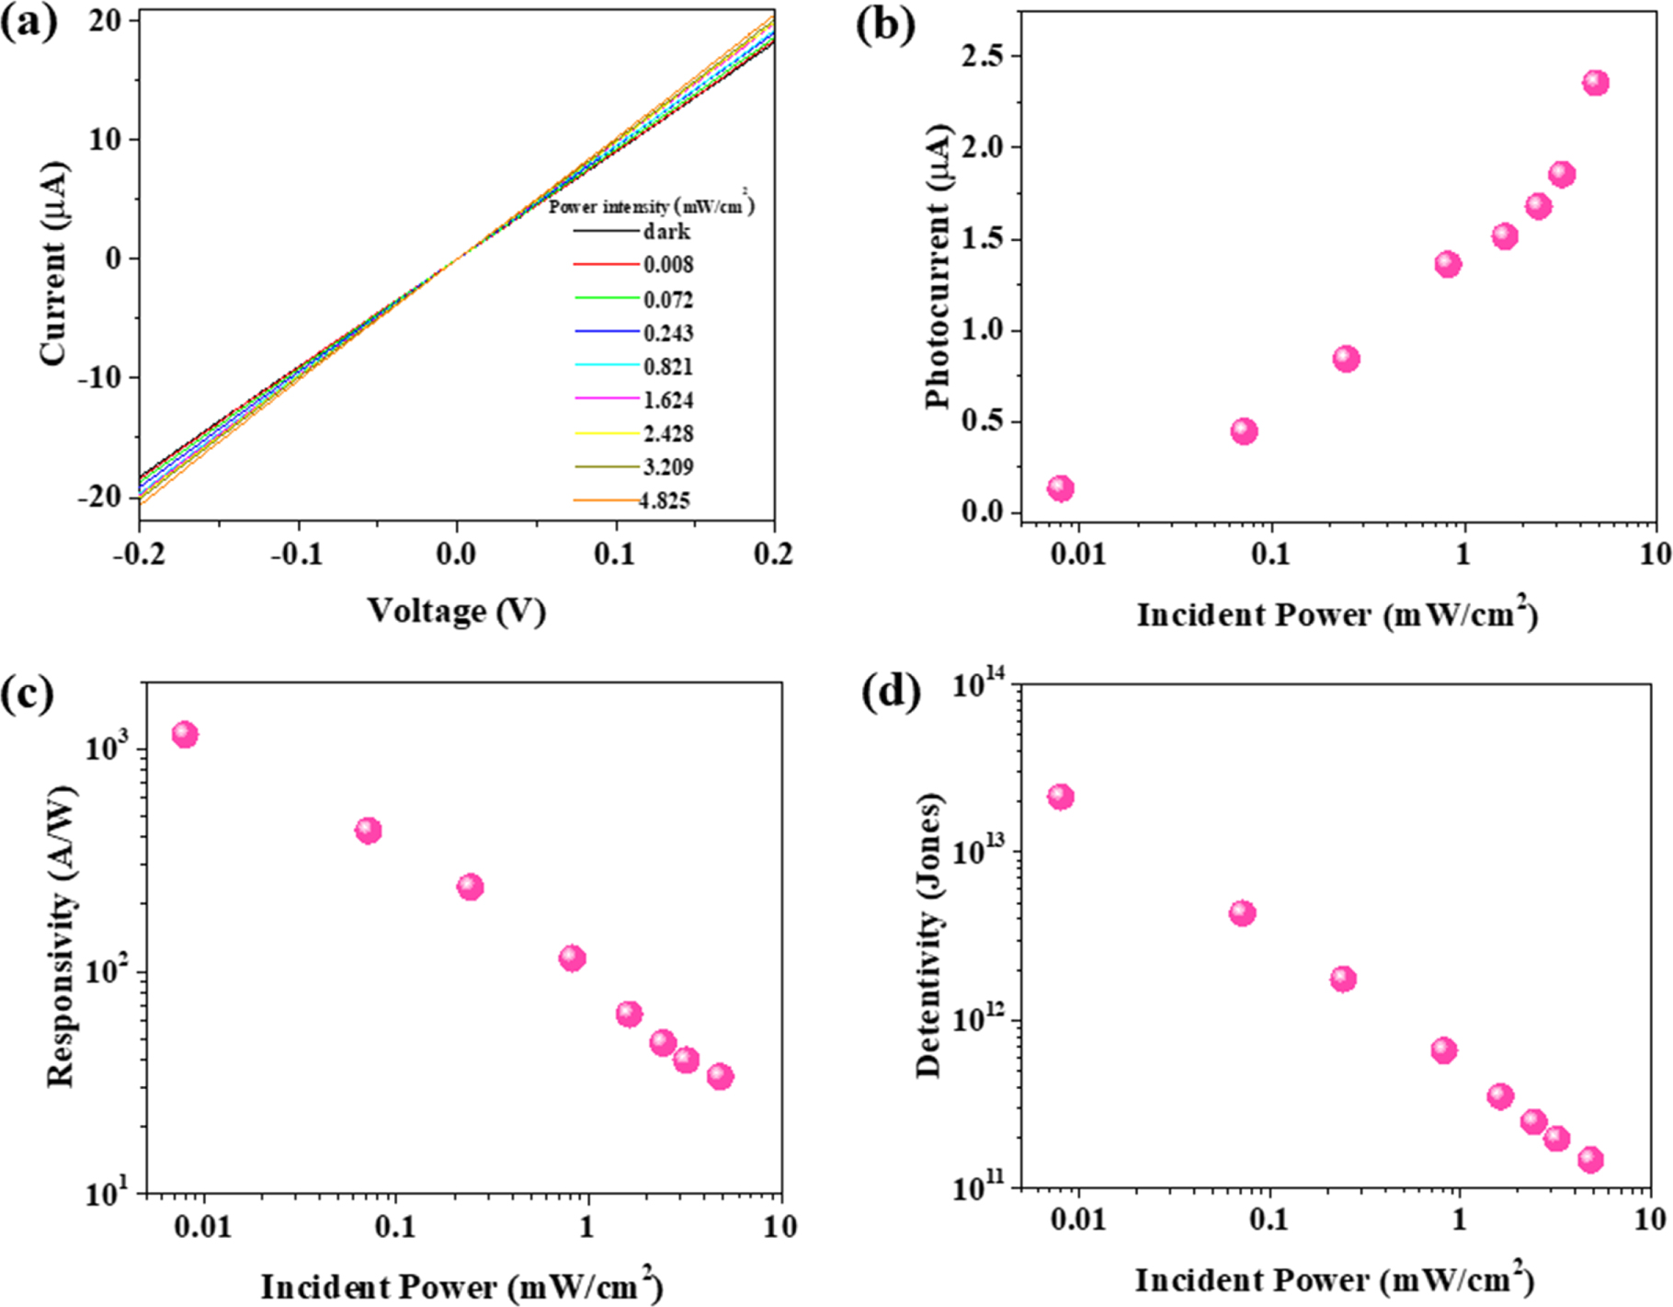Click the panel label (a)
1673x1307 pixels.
[x=29, y=23]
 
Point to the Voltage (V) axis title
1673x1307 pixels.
[x=457, y=611]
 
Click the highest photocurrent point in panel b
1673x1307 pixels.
[x=1596, y=83]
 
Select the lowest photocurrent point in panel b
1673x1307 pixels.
[x=1060, y=488]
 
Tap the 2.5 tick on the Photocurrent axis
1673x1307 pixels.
[x=983, y=56]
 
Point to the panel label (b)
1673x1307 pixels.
[x=885, y=25]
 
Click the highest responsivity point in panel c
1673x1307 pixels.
[x=185, y=734]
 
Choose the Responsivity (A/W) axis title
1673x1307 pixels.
[x=61, y=936]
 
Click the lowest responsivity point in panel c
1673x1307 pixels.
[x=720, y=1076]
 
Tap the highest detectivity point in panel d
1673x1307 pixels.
[x=1061, y=797]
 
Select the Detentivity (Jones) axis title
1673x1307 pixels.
[x=930, y=934]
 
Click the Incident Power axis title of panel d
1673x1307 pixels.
[x=1335, y=1279]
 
